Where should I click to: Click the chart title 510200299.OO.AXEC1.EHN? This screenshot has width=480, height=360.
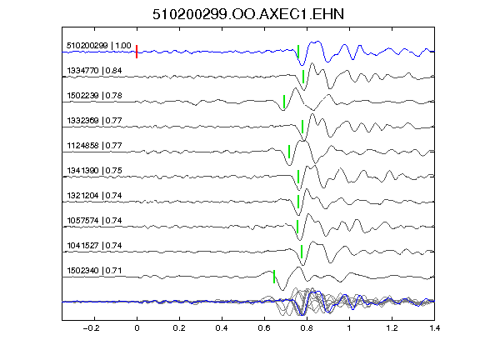tap(248, 14)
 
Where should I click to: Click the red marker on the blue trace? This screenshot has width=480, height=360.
tap(137, 52)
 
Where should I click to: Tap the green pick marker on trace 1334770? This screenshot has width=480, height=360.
tap(303, 77)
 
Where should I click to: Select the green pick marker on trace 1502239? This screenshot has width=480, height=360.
tap(284, 102)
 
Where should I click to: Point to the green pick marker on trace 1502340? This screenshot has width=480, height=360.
tap(274, 277)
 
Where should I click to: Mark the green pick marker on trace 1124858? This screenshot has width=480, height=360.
tap(289, 152)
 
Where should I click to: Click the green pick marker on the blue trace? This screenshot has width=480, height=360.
tap(298, 52)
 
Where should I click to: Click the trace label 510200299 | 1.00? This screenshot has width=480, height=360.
tap(99, 46)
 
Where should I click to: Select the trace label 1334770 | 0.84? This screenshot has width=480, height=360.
tap(94, 71)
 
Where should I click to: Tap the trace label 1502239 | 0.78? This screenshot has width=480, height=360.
tap(94, 96)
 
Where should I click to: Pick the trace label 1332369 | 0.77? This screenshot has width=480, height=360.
tap(94, 121)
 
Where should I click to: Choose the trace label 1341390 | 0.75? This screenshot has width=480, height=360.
tap(94, 171)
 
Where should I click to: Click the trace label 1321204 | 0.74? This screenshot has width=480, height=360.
tap(94, 196)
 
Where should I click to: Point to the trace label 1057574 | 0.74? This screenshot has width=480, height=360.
tap(94, 220)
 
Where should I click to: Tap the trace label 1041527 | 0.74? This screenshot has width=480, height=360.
tap(94, 246)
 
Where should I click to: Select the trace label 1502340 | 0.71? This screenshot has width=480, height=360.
tap(94, 271)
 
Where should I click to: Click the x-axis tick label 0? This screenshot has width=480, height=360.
tap(137, 328)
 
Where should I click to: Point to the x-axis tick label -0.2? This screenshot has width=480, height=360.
tap(91, 328)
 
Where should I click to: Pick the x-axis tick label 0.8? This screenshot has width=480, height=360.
tap(307, 328)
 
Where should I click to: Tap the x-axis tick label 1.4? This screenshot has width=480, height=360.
tap(434, 328)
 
